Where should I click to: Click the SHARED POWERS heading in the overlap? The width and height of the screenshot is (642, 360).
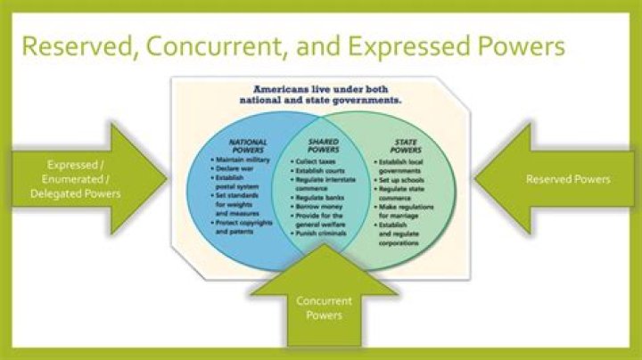pos(323,145)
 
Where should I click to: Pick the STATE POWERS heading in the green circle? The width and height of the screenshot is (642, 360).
pos(407,145)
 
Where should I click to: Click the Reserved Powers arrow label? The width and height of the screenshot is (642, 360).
pos(568,179)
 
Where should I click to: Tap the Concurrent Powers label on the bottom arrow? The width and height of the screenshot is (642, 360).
pos(324,308)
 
